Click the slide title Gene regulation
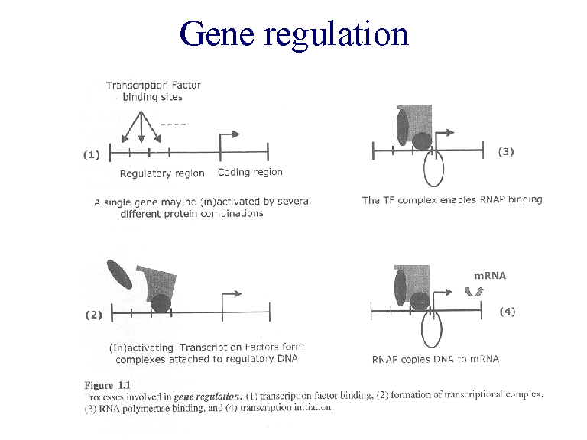[x=293, y=34]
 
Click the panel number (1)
[x=92, y=154]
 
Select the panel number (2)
[x=92, y=314]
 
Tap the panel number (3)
[x=506, y=151]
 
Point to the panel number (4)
[x=508, y=312]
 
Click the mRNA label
[x=490, y=276]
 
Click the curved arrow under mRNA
[x=474, y=291]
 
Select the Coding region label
[x=250, y=173]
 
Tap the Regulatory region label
[x=162, y=173]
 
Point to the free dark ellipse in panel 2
[x=119, y=274]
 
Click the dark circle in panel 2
[x=161, y=303]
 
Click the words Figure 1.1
[x=107, y=383]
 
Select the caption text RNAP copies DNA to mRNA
[x=435, y=359]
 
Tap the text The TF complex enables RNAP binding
[x=452, y=200]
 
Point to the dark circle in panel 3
[x=420, y=141]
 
